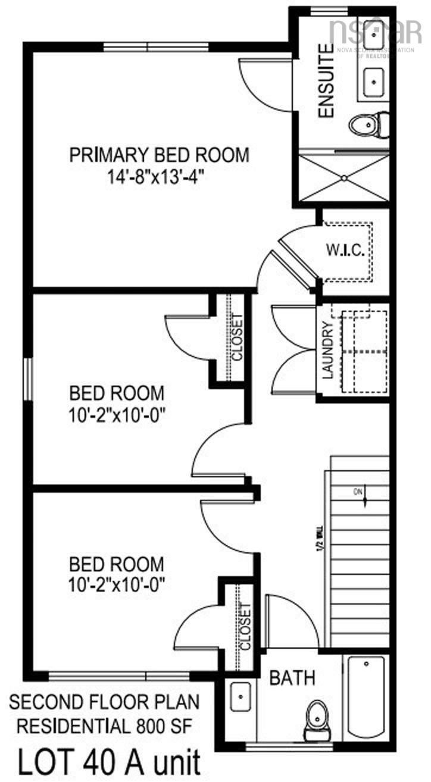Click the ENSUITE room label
pos(326,81)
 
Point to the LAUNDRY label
pos(327,351)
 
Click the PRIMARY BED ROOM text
pos(159,155)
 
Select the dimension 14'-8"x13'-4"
pos(159,177)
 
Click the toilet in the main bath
pos(315,717)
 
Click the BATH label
pos(292,677)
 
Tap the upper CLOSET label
pos(237,337)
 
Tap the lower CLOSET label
pos(245,627)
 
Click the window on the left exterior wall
pos(27,379)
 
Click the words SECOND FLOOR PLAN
pos(105,703)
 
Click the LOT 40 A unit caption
pos(109,761)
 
